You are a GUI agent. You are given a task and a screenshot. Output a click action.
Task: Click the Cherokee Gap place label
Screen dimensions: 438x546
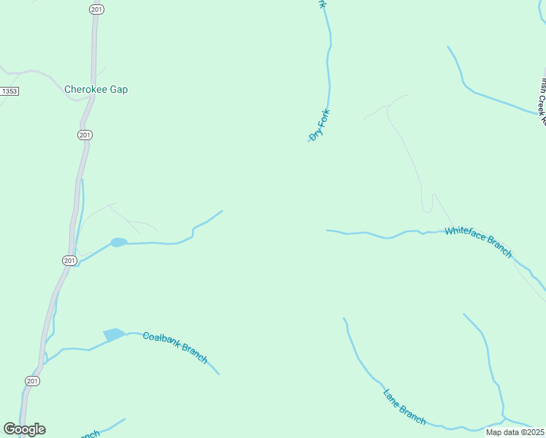[96, 90]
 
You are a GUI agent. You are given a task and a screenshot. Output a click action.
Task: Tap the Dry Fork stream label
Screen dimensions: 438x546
[320, 125]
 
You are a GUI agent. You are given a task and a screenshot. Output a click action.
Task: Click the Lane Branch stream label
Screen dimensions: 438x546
[404, 407]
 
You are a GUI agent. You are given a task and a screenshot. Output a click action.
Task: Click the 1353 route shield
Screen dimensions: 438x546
[9, 91]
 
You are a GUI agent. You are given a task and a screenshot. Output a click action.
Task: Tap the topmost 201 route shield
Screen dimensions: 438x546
[96, 9]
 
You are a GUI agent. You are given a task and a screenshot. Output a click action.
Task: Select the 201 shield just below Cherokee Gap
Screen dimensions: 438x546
[85, 135]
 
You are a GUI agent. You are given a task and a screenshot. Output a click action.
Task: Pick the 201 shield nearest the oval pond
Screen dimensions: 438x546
[69, 261]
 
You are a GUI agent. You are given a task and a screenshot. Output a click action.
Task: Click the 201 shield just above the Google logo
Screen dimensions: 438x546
[32, 381]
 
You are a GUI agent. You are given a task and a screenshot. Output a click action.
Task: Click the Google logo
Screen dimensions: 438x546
[24, 429]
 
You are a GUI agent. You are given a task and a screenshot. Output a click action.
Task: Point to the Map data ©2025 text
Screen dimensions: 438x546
[515, 432]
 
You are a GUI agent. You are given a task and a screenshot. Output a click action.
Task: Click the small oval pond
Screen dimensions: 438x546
[118, 242]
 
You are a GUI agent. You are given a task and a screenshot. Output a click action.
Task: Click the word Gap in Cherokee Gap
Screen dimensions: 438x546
[119, 90]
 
